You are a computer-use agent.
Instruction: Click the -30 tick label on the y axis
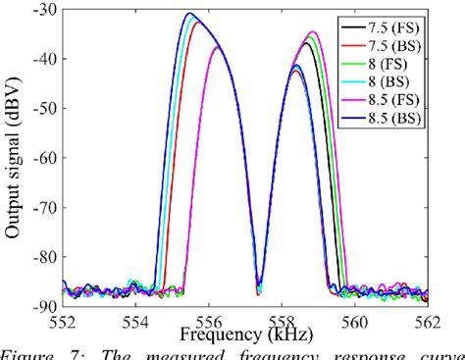tap(43, 11)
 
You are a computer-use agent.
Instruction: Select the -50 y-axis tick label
tap(43, 109)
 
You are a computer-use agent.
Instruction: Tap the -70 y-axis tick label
tap(43, 207)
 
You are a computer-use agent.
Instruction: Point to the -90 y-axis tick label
tap(43, 305)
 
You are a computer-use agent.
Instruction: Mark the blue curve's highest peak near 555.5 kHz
tap(189, 14)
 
